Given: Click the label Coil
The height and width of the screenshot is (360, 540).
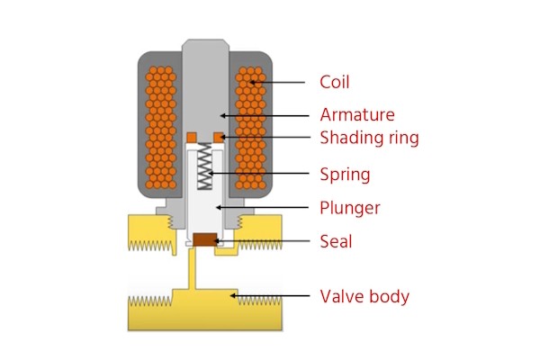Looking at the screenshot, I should pyautogui.click(x=335, y=82).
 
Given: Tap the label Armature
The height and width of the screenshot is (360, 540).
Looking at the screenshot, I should pyautogui.click(x=357, y=115).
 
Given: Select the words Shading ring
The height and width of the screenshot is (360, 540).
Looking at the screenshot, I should pyautogui.click(x=369, y=138).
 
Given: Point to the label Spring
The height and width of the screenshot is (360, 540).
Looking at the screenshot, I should pyautogui.click(x=345, y=174).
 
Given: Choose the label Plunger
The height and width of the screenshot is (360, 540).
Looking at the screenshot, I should pyautogui.click(x=350, y=208).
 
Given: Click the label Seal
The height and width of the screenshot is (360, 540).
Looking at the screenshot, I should pyautogui.click(x=337, y=241).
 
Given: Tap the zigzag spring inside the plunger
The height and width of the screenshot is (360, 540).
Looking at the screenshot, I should pyautogui.click(x=206, y=169).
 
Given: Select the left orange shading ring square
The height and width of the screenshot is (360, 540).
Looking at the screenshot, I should pyautogui.click(x=192, y=136).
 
